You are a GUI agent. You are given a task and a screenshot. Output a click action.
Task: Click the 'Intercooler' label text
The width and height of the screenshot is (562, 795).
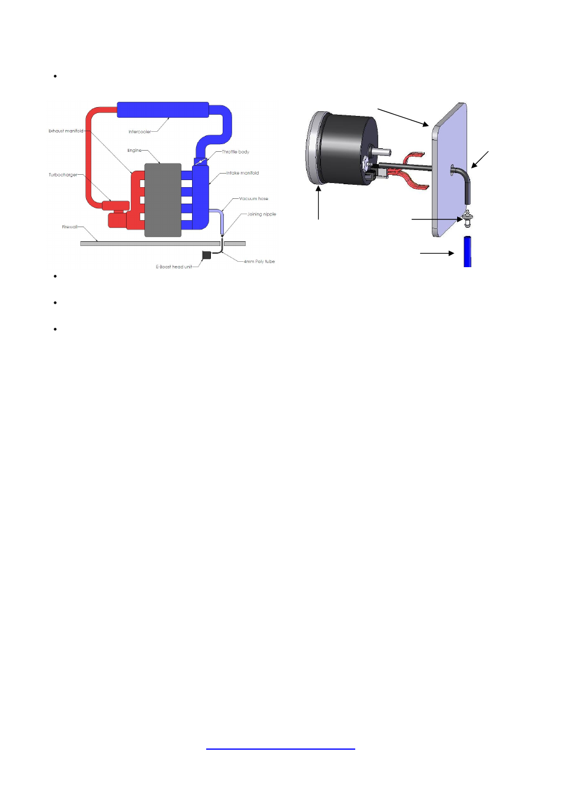pos(140,132)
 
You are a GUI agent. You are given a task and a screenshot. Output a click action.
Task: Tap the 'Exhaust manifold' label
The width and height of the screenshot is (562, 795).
pos(65,131)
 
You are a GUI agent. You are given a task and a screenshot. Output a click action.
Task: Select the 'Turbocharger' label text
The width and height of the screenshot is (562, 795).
pos(62,175)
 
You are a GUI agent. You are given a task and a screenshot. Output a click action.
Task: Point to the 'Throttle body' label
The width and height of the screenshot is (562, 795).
pos(236,152)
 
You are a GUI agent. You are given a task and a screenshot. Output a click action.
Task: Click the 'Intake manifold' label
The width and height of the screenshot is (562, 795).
pos(243,173)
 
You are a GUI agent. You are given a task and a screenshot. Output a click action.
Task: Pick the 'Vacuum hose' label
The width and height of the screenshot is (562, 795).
pos(254,198)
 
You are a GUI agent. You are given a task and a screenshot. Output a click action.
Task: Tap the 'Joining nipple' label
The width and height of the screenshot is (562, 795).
pos(262,214)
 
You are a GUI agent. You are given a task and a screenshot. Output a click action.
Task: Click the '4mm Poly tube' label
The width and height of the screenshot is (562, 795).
pos(260,261)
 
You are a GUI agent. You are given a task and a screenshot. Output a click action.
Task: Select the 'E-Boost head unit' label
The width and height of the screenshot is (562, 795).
pos(174,267)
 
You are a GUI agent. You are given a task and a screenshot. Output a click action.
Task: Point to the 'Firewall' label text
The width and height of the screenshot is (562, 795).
pos(70,227)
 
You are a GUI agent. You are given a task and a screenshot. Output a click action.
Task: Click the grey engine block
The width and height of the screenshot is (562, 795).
pos(163,200)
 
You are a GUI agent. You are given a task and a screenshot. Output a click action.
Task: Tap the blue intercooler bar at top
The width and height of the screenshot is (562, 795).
pos(163,109)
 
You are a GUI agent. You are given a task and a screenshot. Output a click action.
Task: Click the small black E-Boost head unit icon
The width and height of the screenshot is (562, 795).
pos(206,255)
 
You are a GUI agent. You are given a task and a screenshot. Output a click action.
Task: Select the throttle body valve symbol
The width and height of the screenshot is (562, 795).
pos(201,161)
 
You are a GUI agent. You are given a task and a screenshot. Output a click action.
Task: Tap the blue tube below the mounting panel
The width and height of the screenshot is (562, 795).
pos(467,252)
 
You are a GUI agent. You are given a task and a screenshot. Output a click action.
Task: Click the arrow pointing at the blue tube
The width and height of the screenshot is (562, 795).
pos(437,254)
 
